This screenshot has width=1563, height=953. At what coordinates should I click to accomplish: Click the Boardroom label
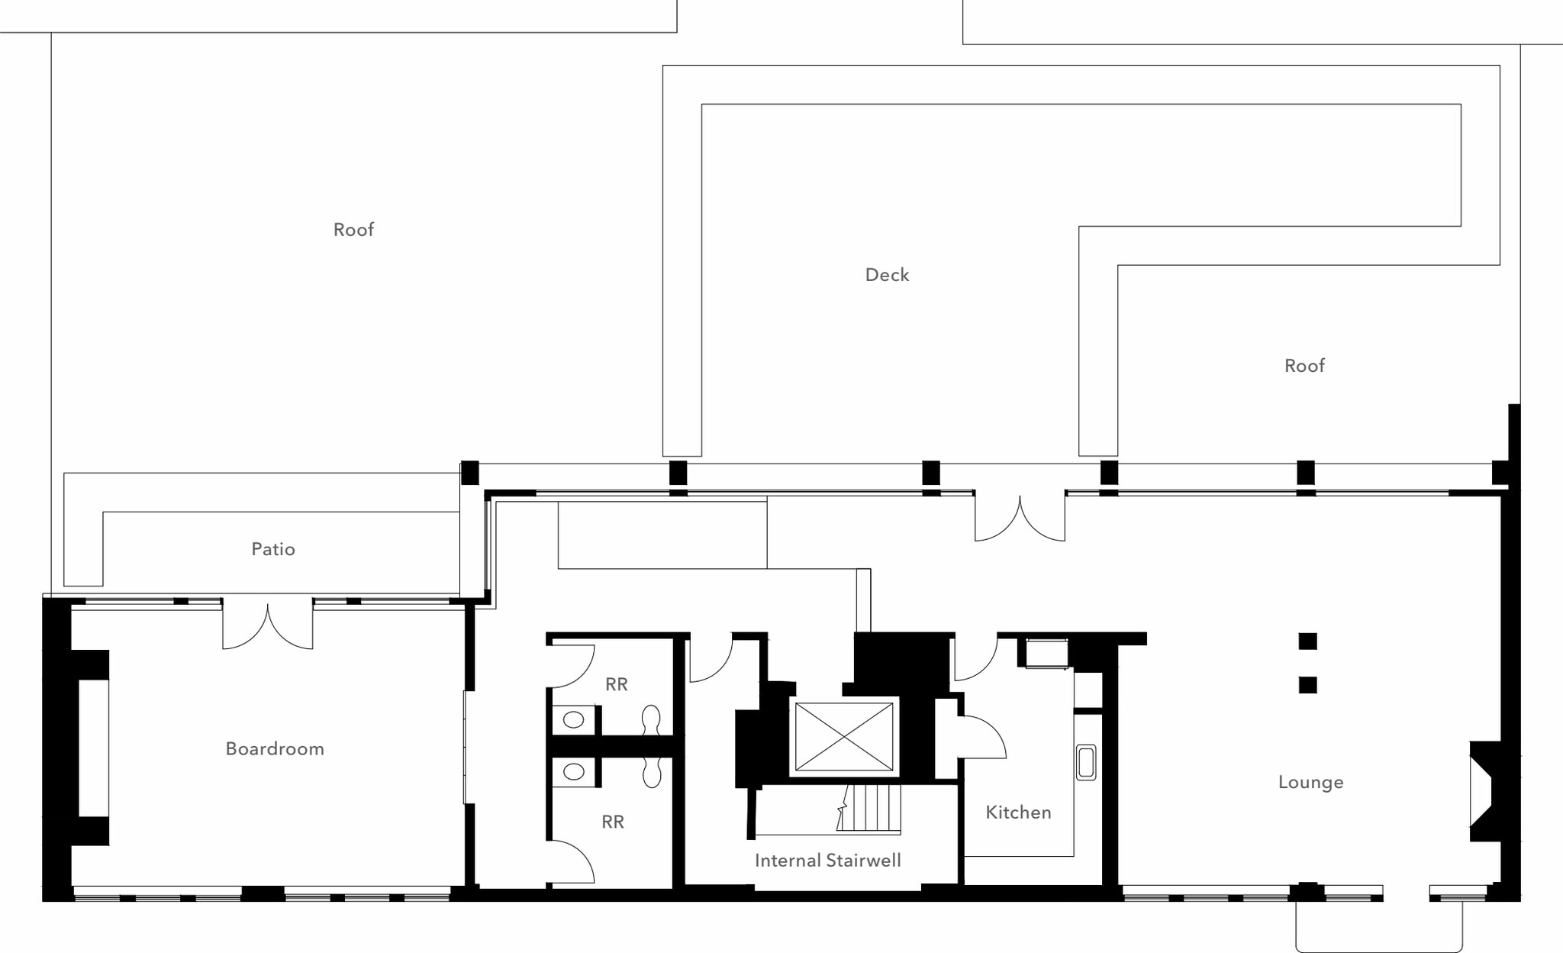click(275, 748)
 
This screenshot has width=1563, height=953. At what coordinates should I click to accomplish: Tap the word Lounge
click(1310, 782)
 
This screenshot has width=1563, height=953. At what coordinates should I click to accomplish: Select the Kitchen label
click(1018, 812)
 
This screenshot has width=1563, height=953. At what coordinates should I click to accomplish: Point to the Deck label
click(887, 275)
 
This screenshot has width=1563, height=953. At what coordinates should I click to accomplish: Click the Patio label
click(273, 549)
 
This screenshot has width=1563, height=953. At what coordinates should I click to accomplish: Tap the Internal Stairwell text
click(827, 861)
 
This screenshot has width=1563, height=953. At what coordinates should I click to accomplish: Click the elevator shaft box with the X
click(844, 737)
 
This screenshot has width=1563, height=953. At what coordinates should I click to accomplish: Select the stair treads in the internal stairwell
click(874, 808)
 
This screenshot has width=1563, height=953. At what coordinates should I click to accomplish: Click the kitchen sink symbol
click(1086, 763)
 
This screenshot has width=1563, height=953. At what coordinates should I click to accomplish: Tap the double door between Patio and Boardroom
click(267, 625)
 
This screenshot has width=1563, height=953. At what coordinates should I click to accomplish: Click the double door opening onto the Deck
click(1020, 518)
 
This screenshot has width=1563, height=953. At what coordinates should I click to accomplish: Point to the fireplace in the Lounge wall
click(1484, 790)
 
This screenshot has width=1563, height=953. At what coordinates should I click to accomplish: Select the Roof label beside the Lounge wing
click(1304, 366)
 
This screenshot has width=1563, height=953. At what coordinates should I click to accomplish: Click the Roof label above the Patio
click(353, 230)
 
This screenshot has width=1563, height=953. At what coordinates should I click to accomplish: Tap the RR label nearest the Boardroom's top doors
click(617, 684)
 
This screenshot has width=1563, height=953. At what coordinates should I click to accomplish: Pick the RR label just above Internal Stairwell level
click(613, 822)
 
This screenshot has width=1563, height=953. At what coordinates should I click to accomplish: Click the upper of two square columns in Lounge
click(1307, 641)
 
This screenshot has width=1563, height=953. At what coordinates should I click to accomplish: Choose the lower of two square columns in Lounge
click(1307, 685)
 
